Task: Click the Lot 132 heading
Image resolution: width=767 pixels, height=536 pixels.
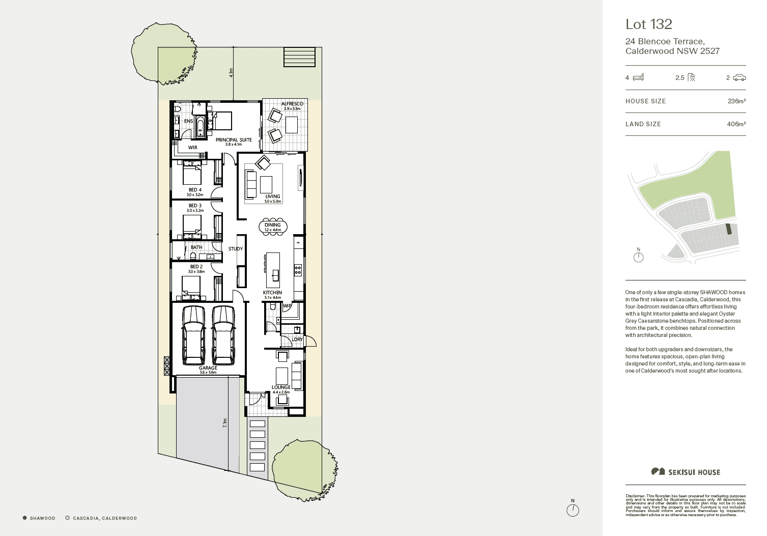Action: click(x=648, y=24)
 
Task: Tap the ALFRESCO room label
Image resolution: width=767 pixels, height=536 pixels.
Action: click(x=292, y=104)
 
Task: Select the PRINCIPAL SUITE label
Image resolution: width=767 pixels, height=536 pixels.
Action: click(x=234, y=140)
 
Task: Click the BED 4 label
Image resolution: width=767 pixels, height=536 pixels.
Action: click(x=195, y=190)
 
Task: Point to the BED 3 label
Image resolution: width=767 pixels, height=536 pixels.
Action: click(x=195, y=206)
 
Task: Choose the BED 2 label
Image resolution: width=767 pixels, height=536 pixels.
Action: click(x=196, y=267)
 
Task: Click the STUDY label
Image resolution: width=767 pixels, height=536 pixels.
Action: click(x=235, y=249)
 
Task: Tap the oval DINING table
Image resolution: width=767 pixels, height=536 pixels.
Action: click(x=273, y=227)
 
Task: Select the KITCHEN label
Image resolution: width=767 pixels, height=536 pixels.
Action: click(x=272, y=293)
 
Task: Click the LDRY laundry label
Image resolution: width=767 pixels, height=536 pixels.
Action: click(x=297, y=340)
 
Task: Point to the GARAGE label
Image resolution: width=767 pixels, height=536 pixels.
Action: click(x=208, y=368)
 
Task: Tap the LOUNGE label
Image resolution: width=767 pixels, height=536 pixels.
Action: click(x=281, y=387)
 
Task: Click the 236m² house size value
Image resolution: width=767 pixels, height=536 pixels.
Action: click(x=736, y=101)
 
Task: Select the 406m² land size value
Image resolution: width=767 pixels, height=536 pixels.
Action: click(x=736, y=124)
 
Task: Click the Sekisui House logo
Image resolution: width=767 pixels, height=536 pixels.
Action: click(x=686, y=472)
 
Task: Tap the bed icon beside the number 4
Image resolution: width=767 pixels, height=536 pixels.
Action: click(x=638, y=77)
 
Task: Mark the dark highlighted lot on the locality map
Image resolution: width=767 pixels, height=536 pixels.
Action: click(x=728, y=229)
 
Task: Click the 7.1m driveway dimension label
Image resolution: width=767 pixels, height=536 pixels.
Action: click(x=225, y=422)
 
